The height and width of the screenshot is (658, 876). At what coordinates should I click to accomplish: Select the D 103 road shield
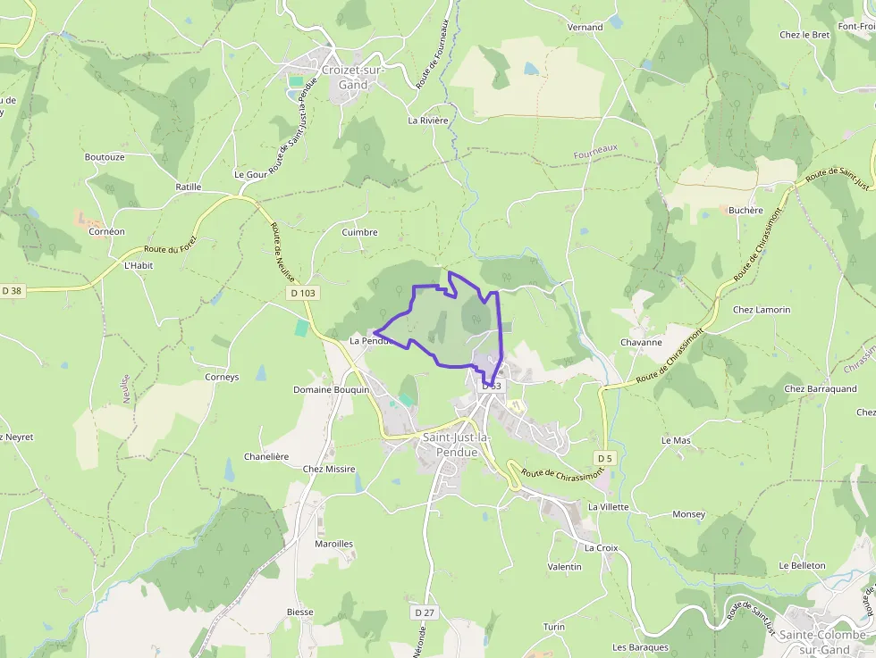click(x=303, y=293)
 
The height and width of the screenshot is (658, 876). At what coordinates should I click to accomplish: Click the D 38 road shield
click(x=12, y=290)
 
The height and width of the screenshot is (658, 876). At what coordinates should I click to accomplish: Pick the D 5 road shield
click(x=604, y=458)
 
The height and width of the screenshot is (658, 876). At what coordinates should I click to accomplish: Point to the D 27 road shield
click(x=425, y=612)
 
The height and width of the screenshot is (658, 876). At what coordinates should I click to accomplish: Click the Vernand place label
click(x=585, y=28)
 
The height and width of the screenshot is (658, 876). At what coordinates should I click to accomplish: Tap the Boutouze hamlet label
click(x=105, y=157)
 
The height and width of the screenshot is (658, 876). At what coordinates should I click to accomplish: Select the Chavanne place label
click(x=641, y=342)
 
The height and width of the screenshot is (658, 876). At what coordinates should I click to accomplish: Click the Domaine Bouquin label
click(x=331, y=390)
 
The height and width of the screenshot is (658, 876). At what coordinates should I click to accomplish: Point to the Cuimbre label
click(x=359, y=232)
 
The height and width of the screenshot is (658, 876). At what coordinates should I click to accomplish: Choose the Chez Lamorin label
click(x=762, y=310)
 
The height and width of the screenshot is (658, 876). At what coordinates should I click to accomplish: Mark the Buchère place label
click(x=745, y=211)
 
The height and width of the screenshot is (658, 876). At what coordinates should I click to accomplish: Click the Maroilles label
click(x=333, y=543)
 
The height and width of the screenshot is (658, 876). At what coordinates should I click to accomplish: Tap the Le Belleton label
click(x=802, y=565)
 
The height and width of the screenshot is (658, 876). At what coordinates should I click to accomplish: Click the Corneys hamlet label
click(x=222, y=377)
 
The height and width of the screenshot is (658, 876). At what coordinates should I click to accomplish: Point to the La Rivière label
click(x=427, y=120)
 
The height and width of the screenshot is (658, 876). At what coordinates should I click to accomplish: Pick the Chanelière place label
click(x=266, y=456)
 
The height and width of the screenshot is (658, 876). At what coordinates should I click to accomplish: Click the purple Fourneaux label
click(x=595, y=153)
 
